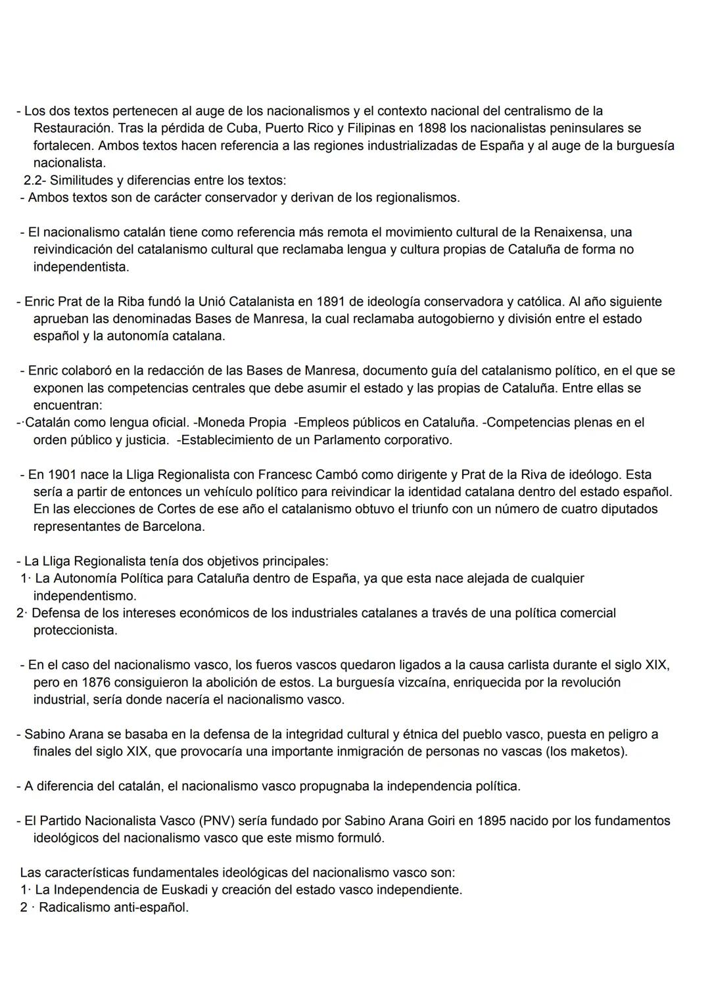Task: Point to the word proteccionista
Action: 75,630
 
